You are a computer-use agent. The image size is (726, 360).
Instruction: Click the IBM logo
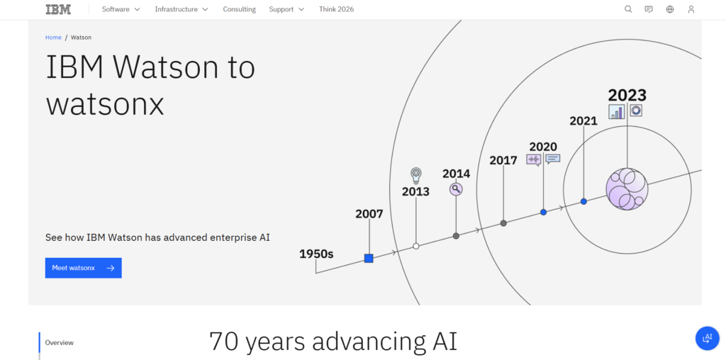(58, 9)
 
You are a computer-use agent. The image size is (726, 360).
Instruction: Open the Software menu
(121, 9)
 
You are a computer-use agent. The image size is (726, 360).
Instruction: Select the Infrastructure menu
(181, 9)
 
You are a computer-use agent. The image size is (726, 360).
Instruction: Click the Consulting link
(239, 9)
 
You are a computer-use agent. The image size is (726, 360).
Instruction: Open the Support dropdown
(286, 9)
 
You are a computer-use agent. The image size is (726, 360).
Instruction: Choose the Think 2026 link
(336, 9)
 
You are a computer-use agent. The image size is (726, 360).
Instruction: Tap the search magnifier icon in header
(628, 9)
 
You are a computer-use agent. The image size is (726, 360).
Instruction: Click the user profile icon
(691, 9)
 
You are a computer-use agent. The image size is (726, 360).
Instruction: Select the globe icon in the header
(670, 9)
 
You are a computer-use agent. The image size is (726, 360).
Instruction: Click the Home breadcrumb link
(53, 37)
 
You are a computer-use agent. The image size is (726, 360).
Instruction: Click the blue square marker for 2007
(369, 259)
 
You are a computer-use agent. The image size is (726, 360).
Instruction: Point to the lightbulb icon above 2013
(416, 175)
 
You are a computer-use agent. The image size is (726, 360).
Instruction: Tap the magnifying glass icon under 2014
(456, 189)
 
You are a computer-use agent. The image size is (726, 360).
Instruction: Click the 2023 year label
(627, 95)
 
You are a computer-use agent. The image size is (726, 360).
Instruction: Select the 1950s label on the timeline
(316, 254)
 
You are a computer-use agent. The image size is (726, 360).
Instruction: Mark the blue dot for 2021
(583, 201)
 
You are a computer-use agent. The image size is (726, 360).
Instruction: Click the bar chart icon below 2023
(617, 112)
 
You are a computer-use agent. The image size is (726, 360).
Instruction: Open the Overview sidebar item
(60, 342)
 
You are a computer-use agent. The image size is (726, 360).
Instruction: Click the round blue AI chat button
(707, 338)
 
